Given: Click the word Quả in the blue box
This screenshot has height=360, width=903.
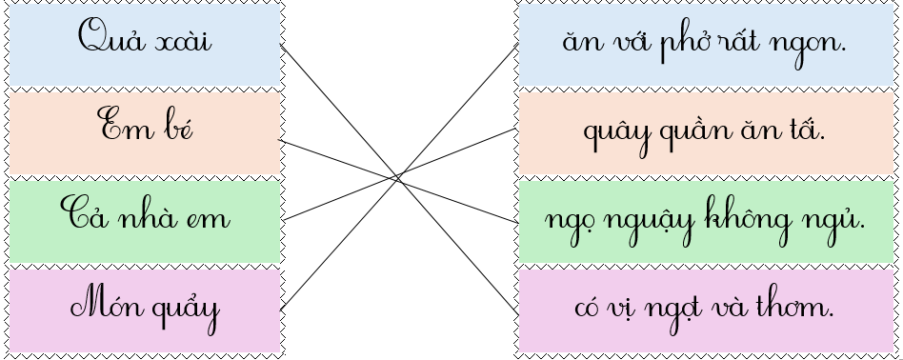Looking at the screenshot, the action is [x=105, y=40].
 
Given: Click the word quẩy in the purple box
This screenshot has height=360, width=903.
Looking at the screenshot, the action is [x=183, y=310].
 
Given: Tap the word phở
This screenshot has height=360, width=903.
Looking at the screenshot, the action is [x=687, y=44].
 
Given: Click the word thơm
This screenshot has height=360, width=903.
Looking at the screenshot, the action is [x=799, y=307].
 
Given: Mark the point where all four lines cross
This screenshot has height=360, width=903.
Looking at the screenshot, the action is [x=398, y=176].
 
